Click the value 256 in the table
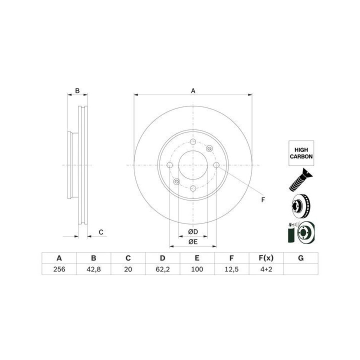pyautogui.click(x=59, y=269)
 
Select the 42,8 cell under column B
pyautogui.click(x=93, y=269)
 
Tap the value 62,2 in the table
pyautogui.click(x=162, y=269)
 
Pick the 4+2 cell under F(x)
pyautogui.click(x=266, y=269)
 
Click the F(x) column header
pyautogui.click(x=266, y=258)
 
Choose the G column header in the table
pyautogui.click(x=301, y=258)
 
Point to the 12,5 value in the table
pyautogui.click(x=231, y=269)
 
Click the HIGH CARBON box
pyautogui.click(x=301, y=153)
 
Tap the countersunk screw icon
pyautogui.click(x=301, y=180)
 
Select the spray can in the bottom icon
pyautogui.click(x=291, y=234)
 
